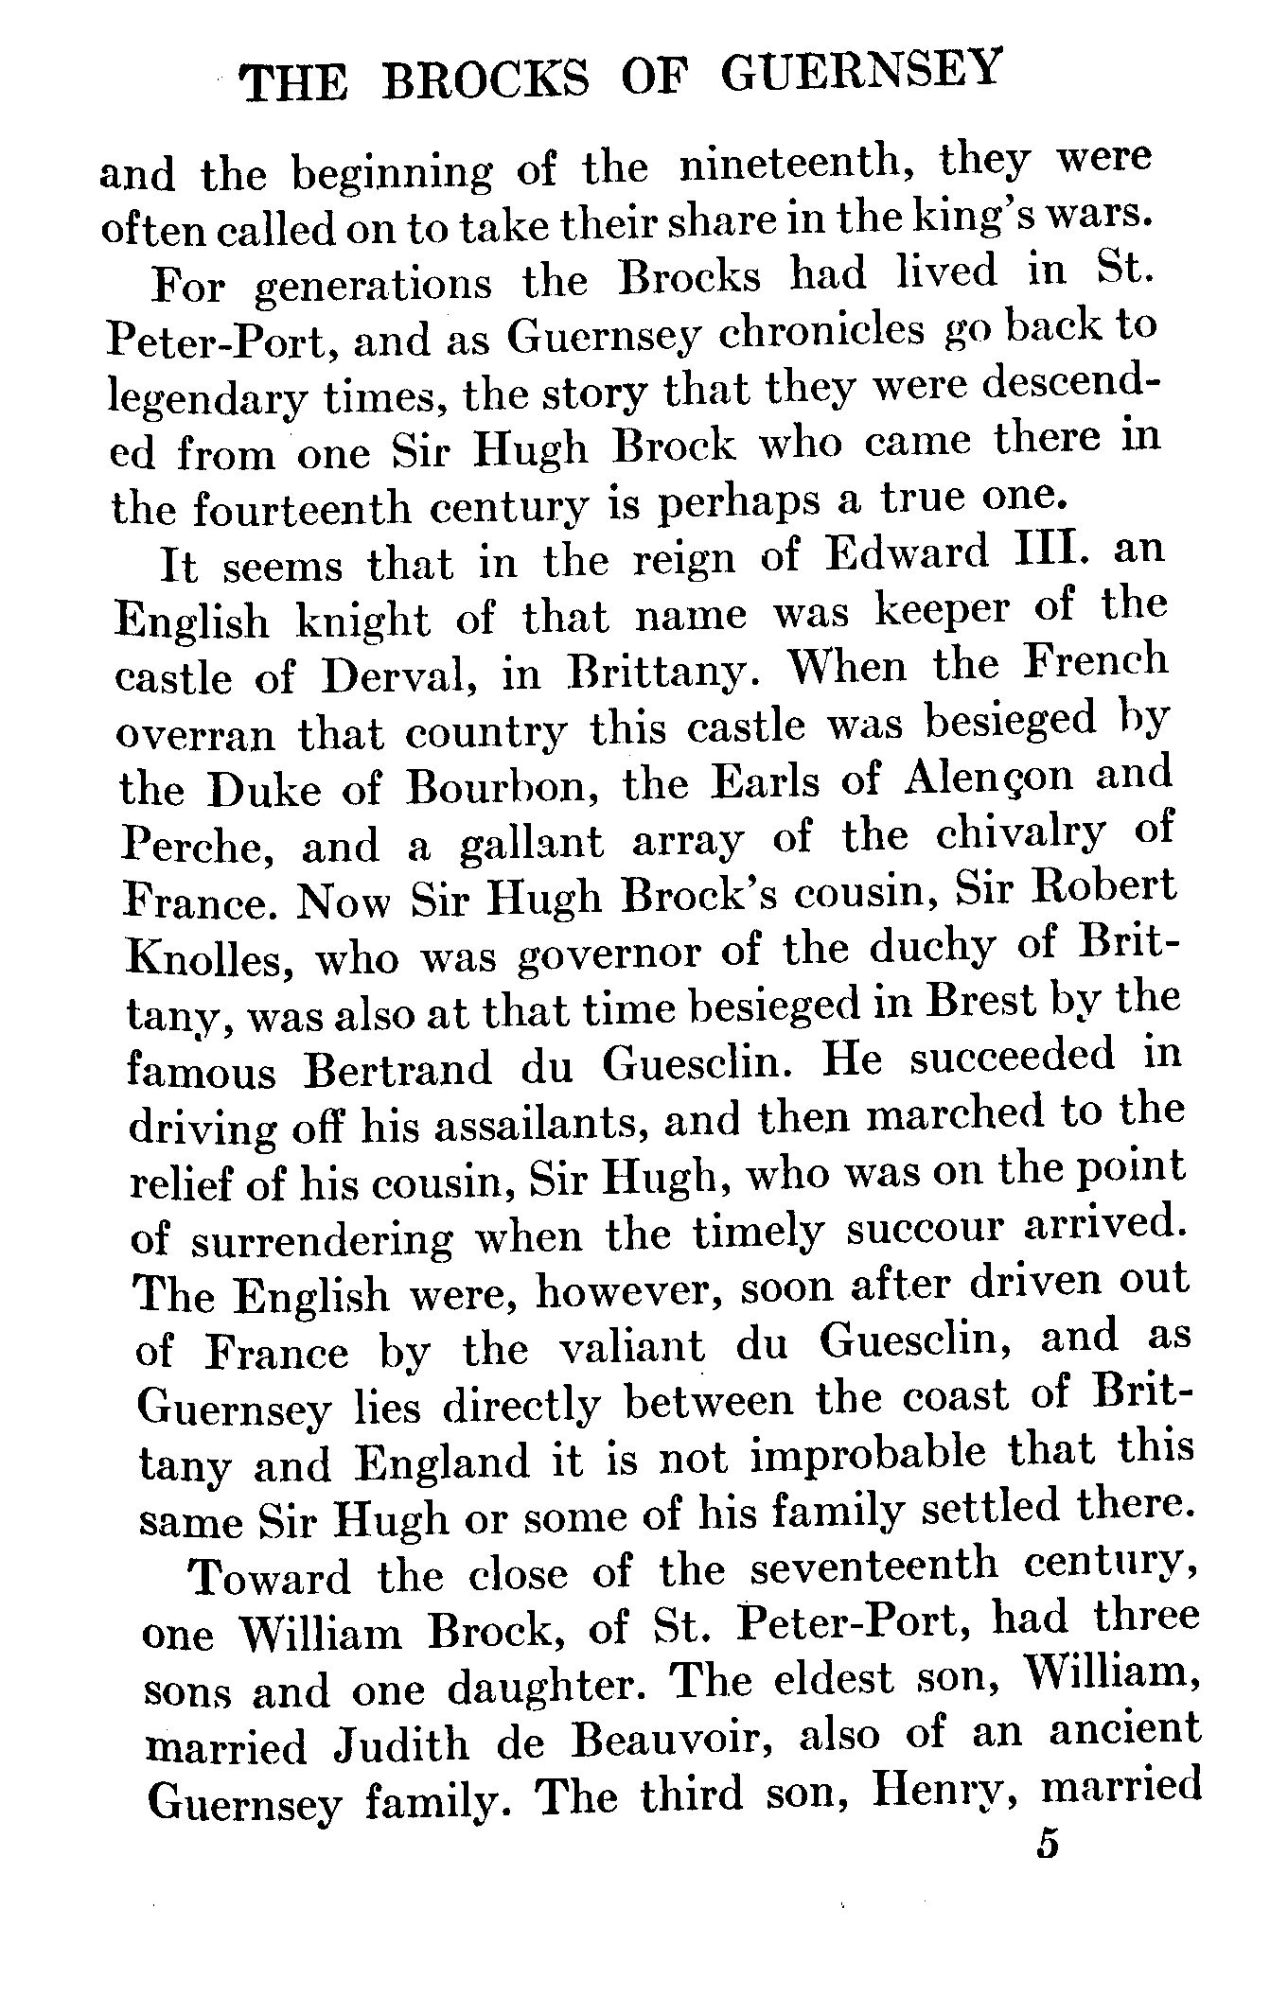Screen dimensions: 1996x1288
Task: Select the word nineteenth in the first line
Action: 800,166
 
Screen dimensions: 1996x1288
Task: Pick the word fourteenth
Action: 302,509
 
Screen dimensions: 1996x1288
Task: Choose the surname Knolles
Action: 204,958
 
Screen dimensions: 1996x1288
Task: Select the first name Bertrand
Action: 400,1068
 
